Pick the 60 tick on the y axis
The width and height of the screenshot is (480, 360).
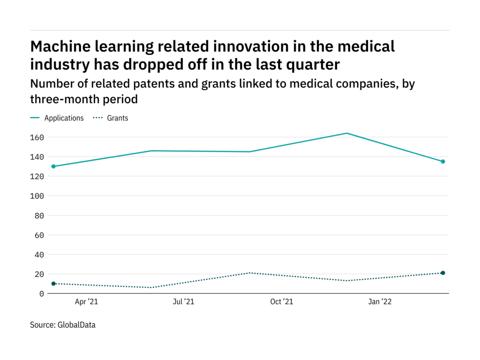point(40,235)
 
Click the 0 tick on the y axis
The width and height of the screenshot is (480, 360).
point(42,293)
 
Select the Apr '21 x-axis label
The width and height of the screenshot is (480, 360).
point(86,302)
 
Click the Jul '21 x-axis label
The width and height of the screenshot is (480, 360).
point(183,302)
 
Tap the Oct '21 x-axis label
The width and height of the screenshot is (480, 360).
point(282,302)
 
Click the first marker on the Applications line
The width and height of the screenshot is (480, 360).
point(53,166)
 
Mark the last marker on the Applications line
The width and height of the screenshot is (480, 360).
point(442,162)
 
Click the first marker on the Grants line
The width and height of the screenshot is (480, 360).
point(53,284)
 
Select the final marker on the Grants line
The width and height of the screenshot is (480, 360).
point(442,273)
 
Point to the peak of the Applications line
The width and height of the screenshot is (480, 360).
point(347,133)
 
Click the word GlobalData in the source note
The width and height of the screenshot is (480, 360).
point(76,324)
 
